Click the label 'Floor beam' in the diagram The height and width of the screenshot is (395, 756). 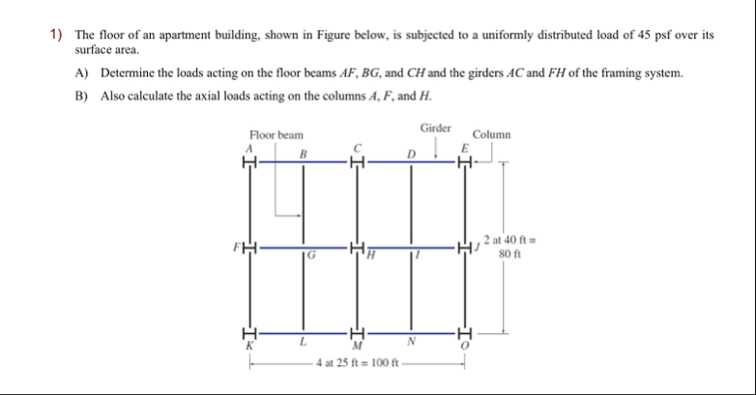click(276, 135)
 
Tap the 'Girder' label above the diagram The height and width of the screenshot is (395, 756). click(435, 127)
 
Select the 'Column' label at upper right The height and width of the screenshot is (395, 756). click(492, 135)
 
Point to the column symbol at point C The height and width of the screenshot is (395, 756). click(357, 161)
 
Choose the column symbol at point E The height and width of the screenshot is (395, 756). click(465, 161)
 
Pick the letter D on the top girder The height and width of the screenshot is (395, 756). click(411, 153)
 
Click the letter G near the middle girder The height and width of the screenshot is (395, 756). click(311, 256)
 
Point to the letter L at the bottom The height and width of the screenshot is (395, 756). click(303, 343)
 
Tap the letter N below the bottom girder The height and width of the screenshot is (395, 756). click(411, 343)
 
